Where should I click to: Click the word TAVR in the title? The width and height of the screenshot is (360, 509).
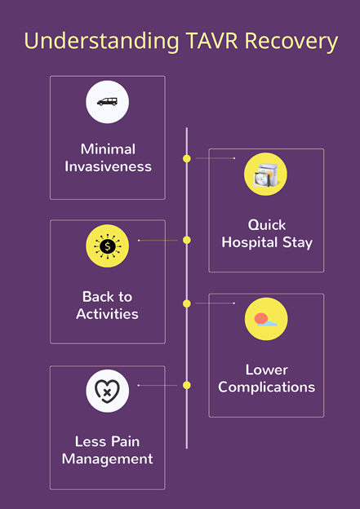pos(212,41)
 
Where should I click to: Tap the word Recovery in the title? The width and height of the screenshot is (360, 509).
pos(291,42)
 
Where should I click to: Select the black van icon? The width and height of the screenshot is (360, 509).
pos(107,102)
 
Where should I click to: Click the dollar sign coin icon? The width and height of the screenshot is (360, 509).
pos(107,246)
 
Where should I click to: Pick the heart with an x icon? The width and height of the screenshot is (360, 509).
pos(107,391)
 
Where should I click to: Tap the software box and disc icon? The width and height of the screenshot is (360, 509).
pos(266,175)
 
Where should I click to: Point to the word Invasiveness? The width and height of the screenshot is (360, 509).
pos(108,166)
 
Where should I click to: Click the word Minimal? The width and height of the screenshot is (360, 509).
pos(108,149)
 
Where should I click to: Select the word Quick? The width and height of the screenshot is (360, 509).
pos(267,225)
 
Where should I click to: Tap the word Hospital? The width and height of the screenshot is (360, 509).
pos(250,242)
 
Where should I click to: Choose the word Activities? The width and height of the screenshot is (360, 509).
pos(107,314)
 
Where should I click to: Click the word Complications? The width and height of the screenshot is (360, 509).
pos(266,387)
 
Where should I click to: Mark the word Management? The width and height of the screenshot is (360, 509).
pos(107,459)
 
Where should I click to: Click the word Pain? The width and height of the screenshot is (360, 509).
pos(125,441)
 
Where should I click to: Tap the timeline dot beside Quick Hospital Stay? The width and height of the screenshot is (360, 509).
pos(186,158)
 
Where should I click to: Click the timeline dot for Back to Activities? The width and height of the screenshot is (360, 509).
pos(186,240)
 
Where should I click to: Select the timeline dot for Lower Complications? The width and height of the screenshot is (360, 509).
pos(186,303)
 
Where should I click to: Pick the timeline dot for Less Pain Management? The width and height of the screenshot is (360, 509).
pos(186,385)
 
